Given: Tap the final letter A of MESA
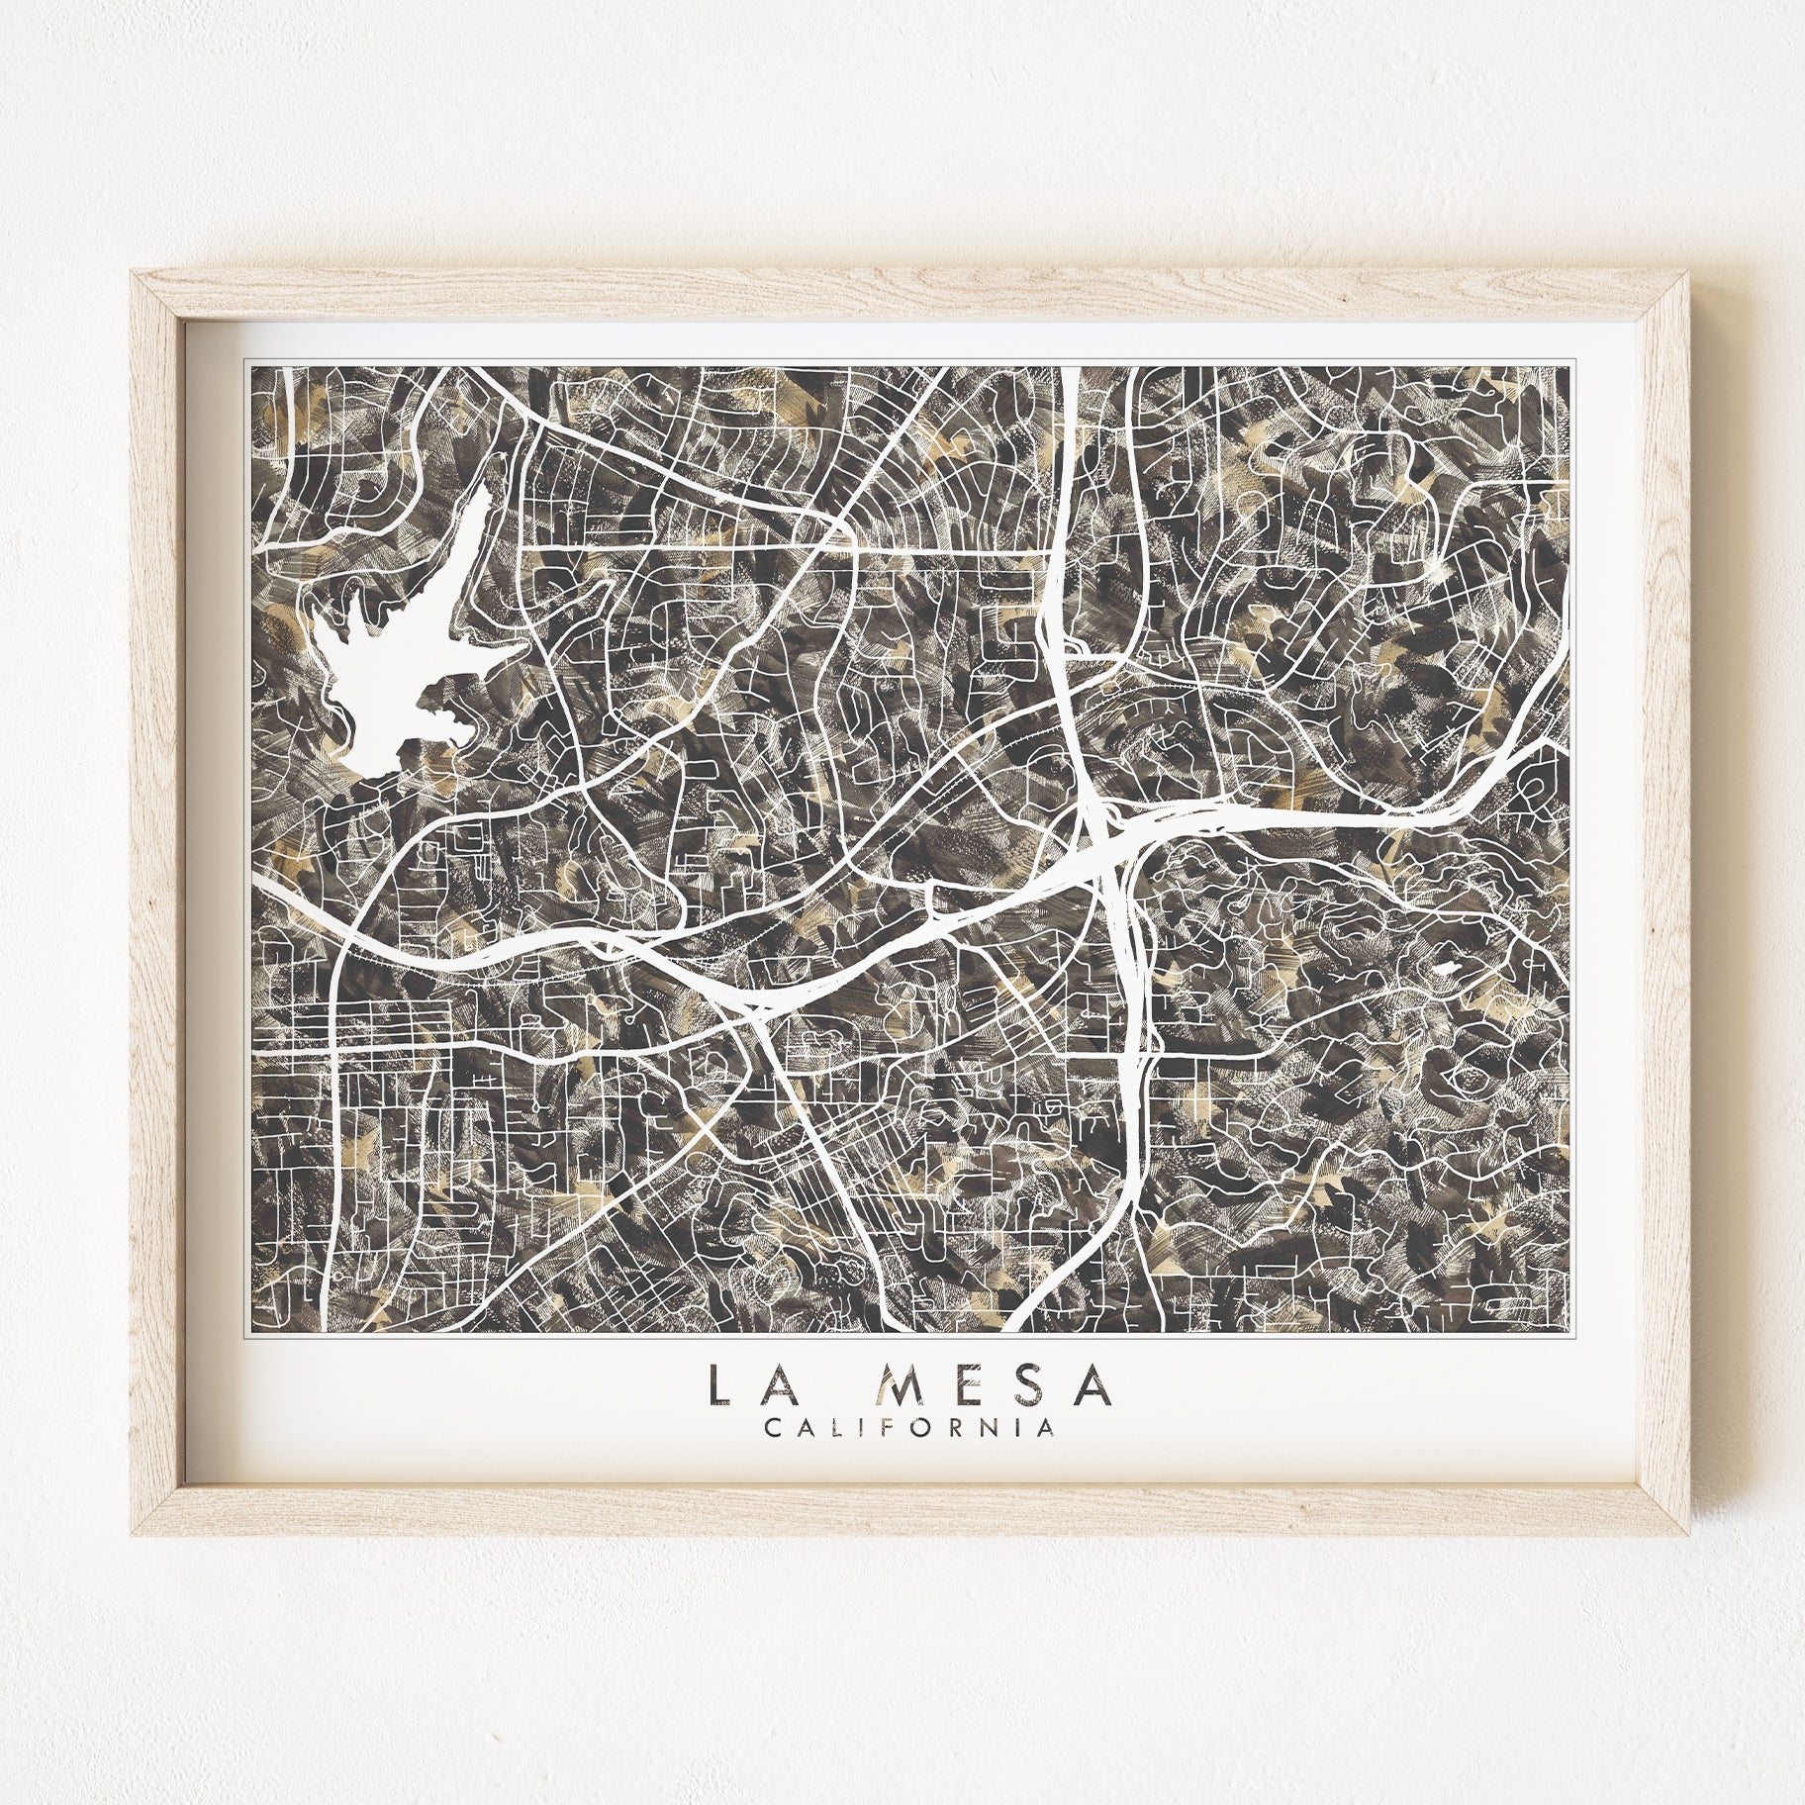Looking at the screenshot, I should pos(1094,1389).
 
